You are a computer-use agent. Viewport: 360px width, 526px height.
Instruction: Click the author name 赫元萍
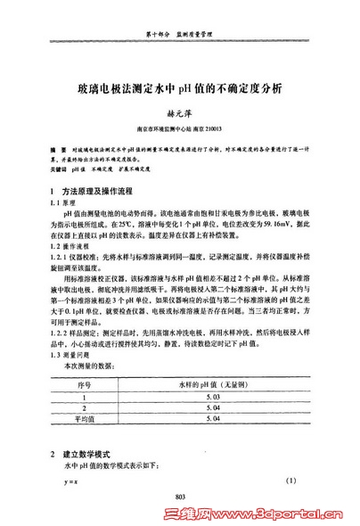181,114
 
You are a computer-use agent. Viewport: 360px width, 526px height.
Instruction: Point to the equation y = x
68,482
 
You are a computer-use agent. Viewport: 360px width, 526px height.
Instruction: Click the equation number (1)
290,482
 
